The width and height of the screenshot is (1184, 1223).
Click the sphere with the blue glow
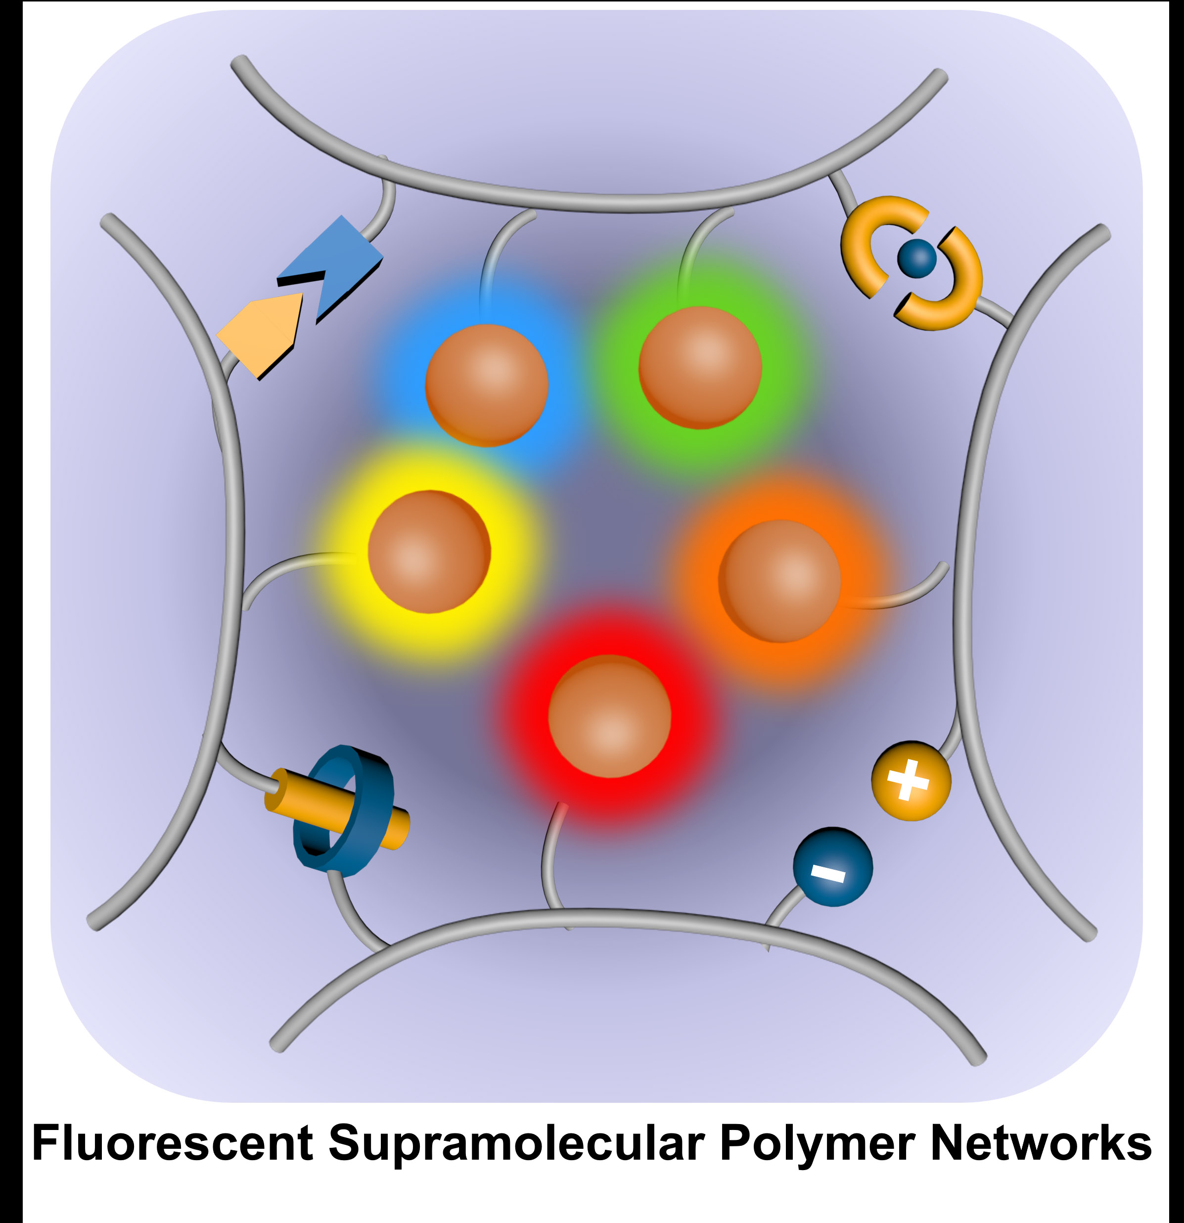(x=487, y=385)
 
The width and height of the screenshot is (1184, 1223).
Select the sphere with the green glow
(x=700, y=367)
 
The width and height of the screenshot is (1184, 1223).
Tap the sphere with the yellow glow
(x=429, y=552)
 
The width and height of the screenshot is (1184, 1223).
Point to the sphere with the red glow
(x=609, y=716)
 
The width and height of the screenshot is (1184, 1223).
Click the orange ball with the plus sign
(x=911, y=781)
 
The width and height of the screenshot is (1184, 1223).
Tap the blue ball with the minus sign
(x=833, y=867)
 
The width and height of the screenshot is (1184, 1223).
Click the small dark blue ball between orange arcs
(x=917, y=258)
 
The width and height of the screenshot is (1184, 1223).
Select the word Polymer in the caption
(x=817, y=1144)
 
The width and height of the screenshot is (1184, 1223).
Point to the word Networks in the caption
(x=1041, y=1143)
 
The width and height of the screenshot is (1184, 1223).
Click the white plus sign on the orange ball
(x=908, y=780)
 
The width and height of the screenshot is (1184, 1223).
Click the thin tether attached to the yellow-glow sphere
(x=293, y=564)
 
